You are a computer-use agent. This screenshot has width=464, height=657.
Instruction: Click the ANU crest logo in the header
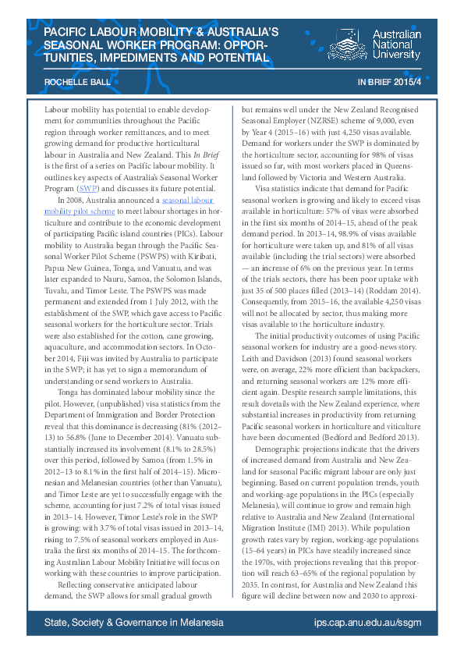347,45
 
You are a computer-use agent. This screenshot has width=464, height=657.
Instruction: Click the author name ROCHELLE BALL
73,81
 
